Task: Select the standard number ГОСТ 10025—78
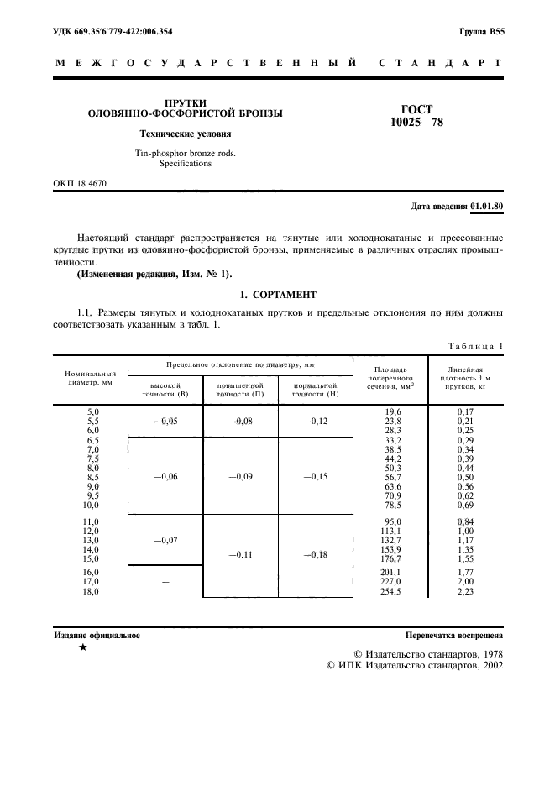[x=416, y=116]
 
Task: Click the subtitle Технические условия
[x=185, y=134]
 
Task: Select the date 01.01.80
[x=486, y=206]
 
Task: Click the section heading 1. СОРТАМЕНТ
[x=277, y=295]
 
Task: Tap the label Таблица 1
[x=475, y=346]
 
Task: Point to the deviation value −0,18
[x=315, y=555]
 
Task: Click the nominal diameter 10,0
[x=88, y=506]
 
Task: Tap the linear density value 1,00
[x=465, y=531]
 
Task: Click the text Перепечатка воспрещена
[x=454, y=636]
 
